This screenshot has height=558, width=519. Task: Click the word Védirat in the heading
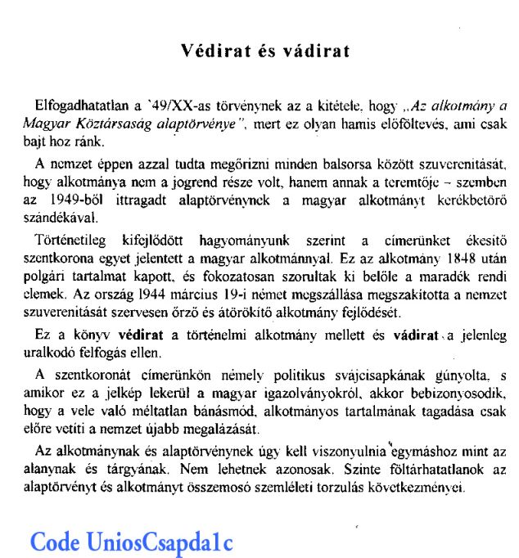(212, 52)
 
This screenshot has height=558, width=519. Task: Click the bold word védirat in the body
(141, 336)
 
